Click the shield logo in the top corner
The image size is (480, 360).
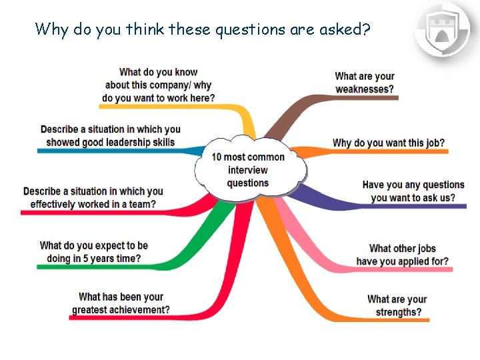[x=443, y=30]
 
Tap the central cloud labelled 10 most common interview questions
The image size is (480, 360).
[x=248, y=170]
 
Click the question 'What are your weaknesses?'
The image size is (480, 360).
[x=365, y=83]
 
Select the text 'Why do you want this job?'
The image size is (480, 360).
[x=389, y=143]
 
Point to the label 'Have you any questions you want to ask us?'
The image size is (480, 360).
[x=413, y=191]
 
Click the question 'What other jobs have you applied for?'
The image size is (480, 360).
[x=402, y=255]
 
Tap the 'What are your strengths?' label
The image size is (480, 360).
[x=398, y=305]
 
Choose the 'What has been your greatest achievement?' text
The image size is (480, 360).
[x=121, y=303]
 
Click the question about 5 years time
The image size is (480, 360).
[x=93, y=252]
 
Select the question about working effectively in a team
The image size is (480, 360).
[x=93, y=197]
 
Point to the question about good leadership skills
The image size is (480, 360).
[x=110, y=135]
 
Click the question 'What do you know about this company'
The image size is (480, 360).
[x=158, y=85]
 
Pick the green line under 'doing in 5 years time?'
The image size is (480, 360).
[x=100, y=267]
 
